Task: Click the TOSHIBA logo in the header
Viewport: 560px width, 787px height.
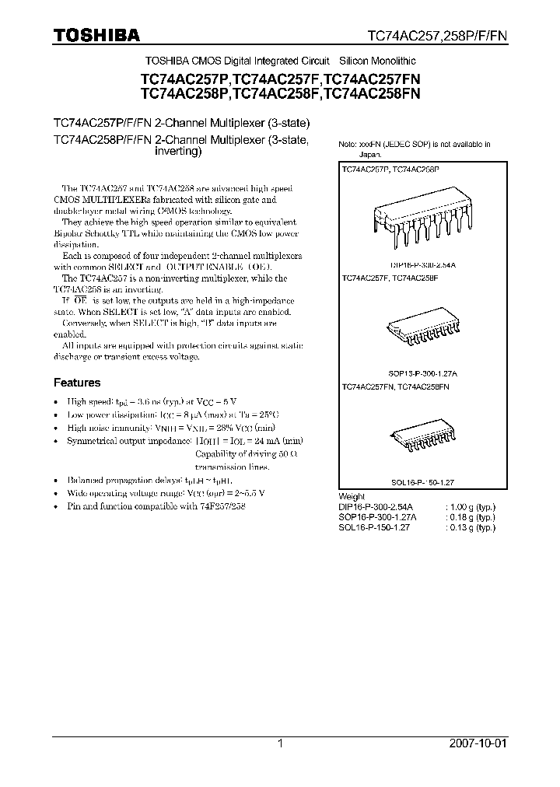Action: click(96, 35)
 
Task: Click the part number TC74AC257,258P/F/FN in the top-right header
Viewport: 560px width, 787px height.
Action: click(436, 36)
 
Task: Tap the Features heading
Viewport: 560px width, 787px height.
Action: click(76, 383)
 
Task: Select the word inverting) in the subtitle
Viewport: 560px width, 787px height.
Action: click(179, 152)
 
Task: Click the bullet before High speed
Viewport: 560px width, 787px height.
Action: click(56, 403)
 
